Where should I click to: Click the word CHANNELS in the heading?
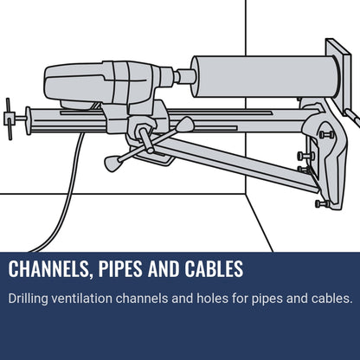(x=48, y=269)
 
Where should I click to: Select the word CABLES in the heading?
(x=214, y=269)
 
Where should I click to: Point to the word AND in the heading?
(x=164, y=269)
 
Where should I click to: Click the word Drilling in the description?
(x=28, y=299)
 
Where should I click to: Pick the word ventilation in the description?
(x=82, y=298)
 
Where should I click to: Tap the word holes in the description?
(x=212, y=298)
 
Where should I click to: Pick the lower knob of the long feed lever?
(x=112, y=163)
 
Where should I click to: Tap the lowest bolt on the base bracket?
(x=322, y=204)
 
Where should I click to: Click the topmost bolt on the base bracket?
(x=326, y=134)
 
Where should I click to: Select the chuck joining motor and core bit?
(x=184, y=76)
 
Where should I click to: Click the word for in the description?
(x=240, y=298)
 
